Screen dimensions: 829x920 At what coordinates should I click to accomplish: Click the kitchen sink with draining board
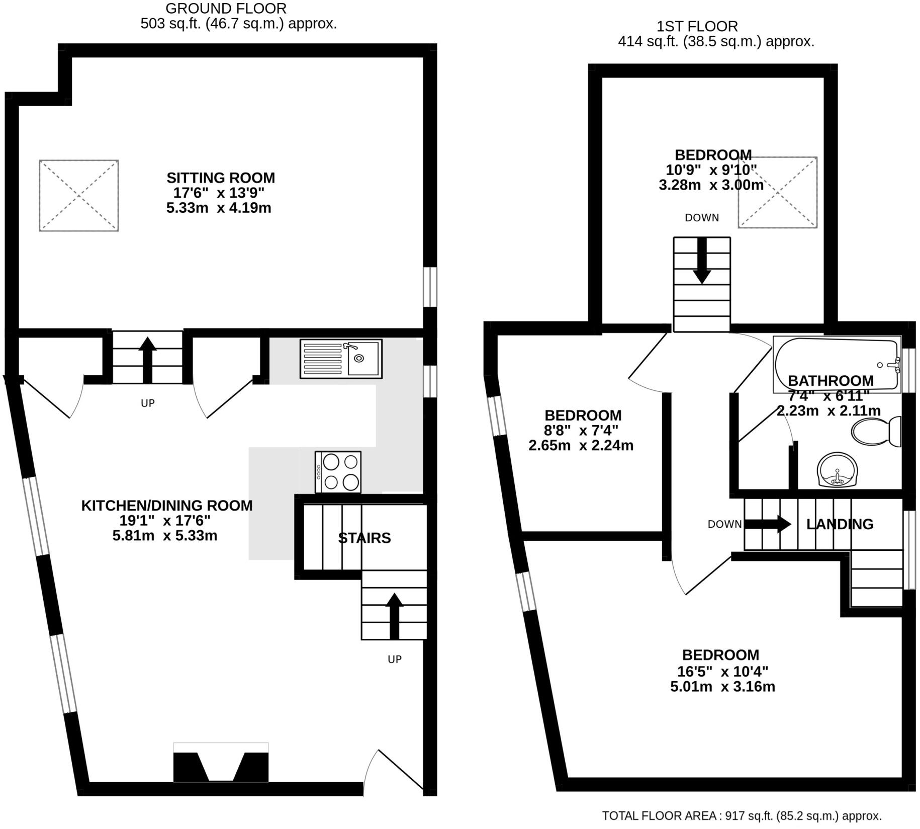click(x=341, y=359)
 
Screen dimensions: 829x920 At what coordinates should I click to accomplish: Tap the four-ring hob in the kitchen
click(x=338, y=472)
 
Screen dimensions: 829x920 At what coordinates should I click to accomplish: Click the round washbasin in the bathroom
click(x=837, y=470)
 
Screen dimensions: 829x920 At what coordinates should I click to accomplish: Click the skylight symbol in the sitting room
click(x=79, y=196)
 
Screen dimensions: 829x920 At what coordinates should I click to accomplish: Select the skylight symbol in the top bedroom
click(x=777, y=192)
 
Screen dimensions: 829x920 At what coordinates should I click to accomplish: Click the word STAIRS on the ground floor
click(x=364, y=538)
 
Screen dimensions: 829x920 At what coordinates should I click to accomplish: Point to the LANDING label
click(x=840, y=524)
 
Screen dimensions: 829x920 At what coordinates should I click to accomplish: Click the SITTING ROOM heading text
click(x=221, y=178)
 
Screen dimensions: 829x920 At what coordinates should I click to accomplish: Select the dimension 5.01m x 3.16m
click(x=722, y=687)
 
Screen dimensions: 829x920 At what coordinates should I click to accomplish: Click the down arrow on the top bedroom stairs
click(x=702, y=262)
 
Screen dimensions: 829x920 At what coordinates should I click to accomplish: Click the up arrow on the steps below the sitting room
click(x=147, y=360)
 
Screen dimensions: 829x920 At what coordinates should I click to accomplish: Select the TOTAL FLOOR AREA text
click(x=742, y=816)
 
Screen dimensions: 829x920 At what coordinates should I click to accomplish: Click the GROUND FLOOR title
click(x=226, y=9)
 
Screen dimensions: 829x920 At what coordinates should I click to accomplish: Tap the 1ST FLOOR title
click(x=697, y=26)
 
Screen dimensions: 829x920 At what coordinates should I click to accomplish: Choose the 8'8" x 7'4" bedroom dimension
click(x=581, y=431)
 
